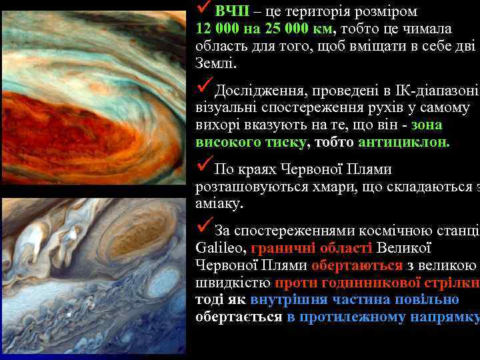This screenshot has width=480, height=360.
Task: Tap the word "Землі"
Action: click(215, 65)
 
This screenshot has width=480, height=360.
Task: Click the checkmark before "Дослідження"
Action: click(205, 87)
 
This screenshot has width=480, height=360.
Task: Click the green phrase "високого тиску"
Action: click(251, 143)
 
